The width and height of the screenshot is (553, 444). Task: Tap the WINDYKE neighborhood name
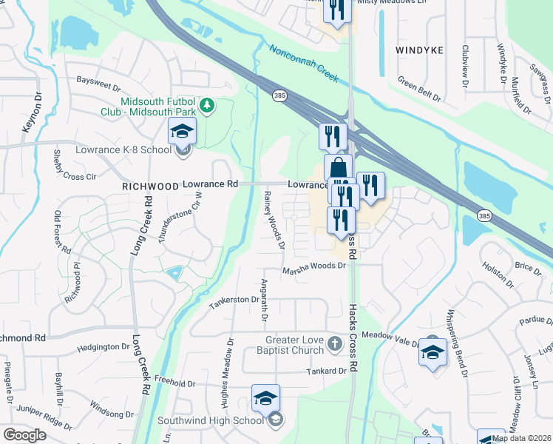pos(418,50)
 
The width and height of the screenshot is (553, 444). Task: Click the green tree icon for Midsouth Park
pos(209,105)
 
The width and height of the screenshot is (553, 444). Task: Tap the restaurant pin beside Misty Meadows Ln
pos(336,10)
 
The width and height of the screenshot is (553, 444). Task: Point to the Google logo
pos(24,435)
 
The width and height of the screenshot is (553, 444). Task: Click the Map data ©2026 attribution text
pos(521,438)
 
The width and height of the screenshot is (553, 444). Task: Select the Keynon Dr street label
pos(31,112)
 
